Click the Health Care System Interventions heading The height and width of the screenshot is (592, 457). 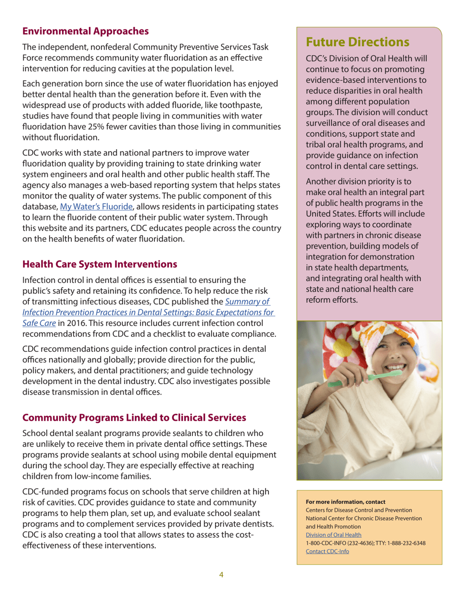(100, 264)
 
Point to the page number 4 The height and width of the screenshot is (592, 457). (221, 574)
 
